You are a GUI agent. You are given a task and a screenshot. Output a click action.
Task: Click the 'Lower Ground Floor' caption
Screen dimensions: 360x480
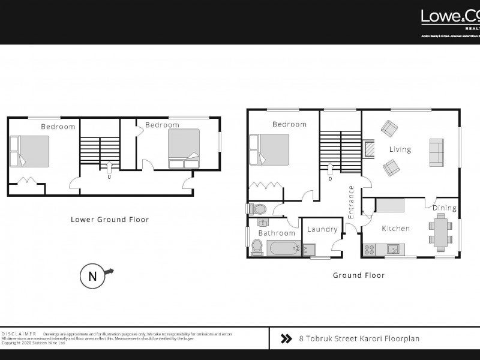tap(110, 220)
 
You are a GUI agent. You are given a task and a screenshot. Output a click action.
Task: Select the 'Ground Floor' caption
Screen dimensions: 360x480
tap(359, 275)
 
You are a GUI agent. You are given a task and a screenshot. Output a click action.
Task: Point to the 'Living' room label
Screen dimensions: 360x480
tap(400, 149)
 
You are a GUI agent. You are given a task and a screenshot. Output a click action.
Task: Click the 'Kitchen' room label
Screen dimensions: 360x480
tap(396, 229)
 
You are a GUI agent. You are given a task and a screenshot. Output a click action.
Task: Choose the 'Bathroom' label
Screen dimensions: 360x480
tap(277, 233)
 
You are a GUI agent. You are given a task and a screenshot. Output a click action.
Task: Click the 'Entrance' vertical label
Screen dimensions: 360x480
tap(352, 202)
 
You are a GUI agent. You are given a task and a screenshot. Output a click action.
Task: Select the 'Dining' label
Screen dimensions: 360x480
tap(445, 208)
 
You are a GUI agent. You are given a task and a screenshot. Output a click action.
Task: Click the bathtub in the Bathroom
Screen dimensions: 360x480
tap(283, 248)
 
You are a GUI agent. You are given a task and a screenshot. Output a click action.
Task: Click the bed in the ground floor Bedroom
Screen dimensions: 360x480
tap(271, 149)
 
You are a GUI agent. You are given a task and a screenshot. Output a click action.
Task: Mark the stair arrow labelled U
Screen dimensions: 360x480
tap(109, 170)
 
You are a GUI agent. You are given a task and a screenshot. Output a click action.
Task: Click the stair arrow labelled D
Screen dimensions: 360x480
tap(330, 170)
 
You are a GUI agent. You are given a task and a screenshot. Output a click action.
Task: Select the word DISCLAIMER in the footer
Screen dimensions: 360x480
tap(19, 333)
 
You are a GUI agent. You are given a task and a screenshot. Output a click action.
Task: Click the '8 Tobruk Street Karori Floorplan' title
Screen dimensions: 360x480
tap(359, 338)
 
